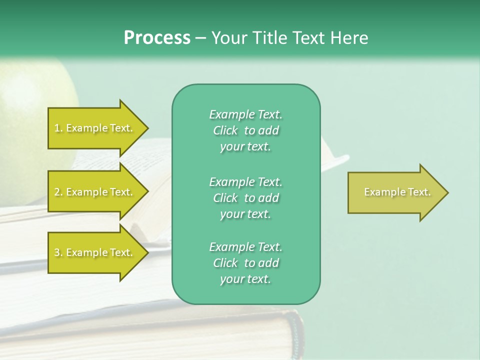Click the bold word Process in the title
pos(157,38)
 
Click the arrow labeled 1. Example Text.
pos(95,128)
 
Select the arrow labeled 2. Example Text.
pos(95,192)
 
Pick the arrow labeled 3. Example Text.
pos(95,252)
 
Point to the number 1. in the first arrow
pos(58,128)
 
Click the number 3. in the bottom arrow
pos(58,253)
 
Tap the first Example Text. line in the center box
pos(245,115)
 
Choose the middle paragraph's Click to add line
pos(245,198)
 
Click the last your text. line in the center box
pos(245,279)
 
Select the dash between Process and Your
pos(201,38)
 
